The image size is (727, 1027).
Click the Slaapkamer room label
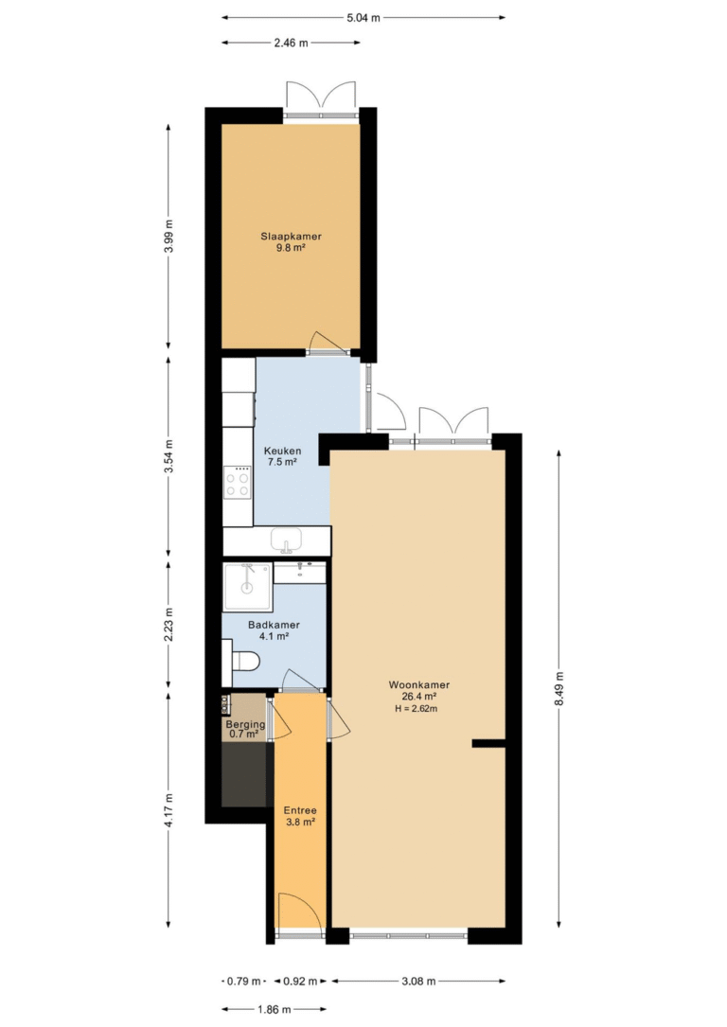[291, 237]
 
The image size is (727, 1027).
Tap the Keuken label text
[282, 451]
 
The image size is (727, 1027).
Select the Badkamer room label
[274, 625]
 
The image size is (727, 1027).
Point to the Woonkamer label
[419, 685]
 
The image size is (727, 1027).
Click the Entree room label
[301, 810]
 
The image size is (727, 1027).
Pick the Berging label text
[245, 724]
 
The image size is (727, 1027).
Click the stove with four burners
[237, 484]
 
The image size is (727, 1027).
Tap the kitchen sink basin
[286, 540]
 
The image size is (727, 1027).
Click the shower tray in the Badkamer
[246, 587]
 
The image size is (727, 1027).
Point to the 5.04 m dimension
[363, 18]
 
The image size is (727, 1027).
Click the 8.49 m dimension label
[558, 689]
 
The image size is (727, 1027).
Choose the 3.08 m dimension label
[418, 982]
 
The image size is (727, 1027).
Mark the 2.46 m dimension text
[291, 44]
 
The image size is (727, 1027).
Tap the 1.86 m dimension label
[274, 1009]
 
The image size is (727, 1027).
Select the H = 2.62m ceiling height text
[417, 709]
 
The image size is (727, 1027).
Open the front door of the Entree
[301, 914]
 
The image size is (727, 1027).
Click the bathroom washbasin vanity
[300, 573]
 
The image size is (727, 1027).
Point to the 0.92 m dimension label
[300, 982]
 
